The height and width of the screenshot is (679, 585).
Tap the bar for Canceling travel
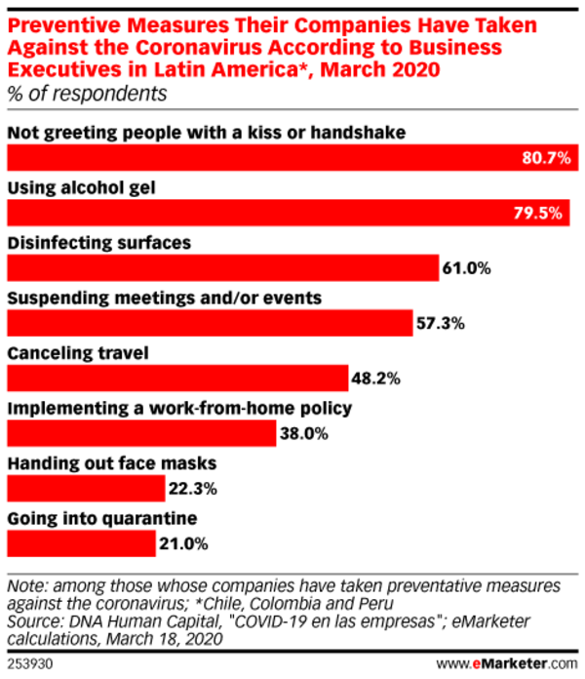pos(177,378)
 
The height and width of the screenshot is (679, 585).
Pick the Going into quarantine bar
pos(81,543)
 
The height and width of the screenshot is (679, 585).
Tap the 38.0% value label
pos(302,433)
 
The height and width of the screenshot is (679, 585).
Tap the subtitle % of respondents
pos(88,94)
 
